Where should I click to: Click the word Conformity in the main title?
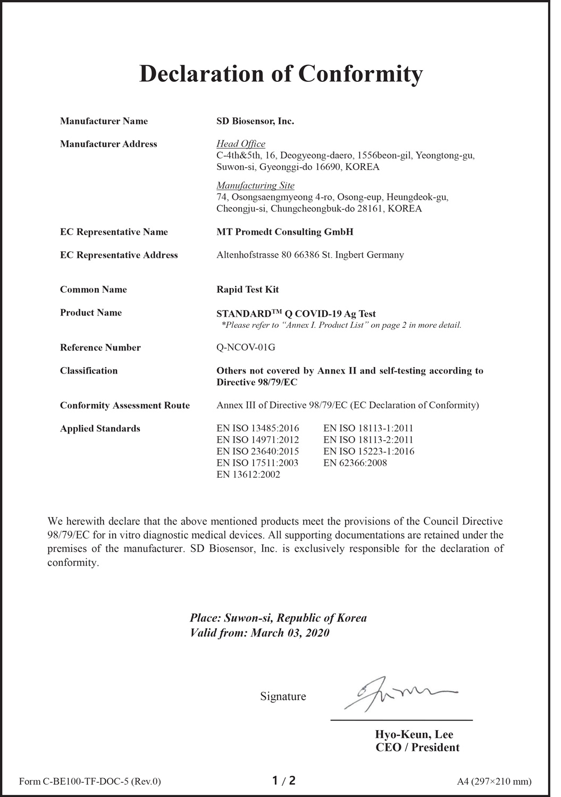[360, 74]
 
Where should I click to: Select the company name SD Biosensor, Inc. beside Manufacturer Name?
[255, 121]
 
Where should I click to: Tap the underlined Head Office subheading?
[241, 144]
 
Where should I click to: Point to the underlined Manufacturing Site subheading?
[255, 185]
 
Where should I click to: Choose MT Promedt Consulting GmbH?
[284, 232]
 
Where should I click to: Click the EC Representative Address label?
[119, 255]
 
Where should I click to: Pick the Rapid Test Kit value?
[247, 290]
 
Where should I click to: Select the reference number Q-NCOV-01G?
[246, 347]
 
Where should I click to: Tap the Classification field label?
[89, 371]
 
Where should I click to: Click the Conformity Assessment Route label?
[124, 405]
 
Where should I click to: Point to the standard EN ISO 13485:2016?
[258, 428]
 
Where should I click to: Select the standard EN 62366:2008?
[355, 463]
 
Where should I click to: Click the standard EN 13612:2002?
[248, 474]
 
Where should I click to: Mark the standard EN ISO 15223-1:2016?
[369, 451]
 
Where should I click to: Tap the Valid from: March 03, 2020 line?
[259, 633]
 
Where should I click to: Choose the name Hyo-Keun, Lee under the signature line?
[414, 735]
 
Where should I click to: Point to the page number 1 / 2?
[283, 781]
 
